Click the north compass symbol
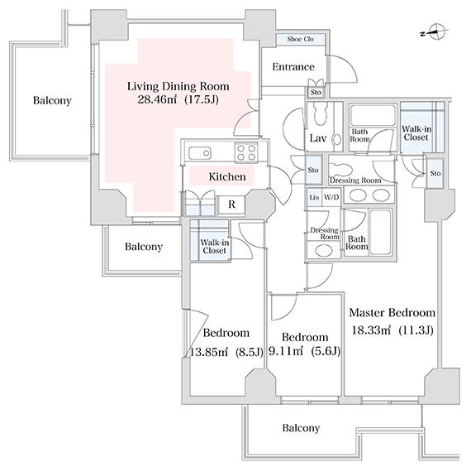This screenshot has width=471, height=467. tap(435, 32)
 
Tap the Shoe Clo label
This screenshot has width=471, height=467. tap(300, 39)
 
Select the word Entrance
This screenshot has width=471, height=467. tap(293, 66)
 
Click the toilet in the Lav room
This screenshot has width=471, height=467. tap(321, 113)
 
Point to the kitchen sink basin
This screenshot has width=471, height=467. tap(199, 153)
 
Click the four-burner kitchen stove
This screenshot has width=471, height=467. tap(246, 152)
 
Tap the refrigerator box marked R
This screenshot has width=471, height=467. tap(231, 205)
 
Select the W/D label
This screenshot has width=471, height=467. tap(331, 197)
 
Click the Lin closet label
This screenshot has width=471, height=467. tap(314, 197)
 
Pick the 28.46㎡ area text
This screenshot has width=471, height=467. tap(157, 99)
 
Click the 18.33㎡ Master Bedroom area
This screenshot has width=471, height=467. tap(371, 330)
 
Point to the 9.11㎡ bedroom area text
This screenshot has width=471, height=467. tap(285, 351)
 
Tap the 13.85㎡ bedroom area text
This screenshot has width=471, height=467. tap(208, 352)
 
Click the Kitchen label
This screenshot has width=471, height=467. tap(227, 176)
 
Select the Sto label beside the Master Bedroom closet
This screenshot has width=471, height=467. tap(435, 173)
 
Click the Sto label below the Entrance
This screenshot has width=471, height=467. tap(316, 92)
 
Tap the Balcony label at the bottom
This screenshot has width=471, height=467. tap(301, 428)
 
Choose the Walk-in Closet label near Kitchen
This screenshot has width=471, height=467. tap(215, 246)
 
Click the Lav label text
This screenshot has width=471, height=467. tap(318, 138)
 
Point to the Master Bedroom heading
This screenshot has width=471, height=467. tap(392, 312)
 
